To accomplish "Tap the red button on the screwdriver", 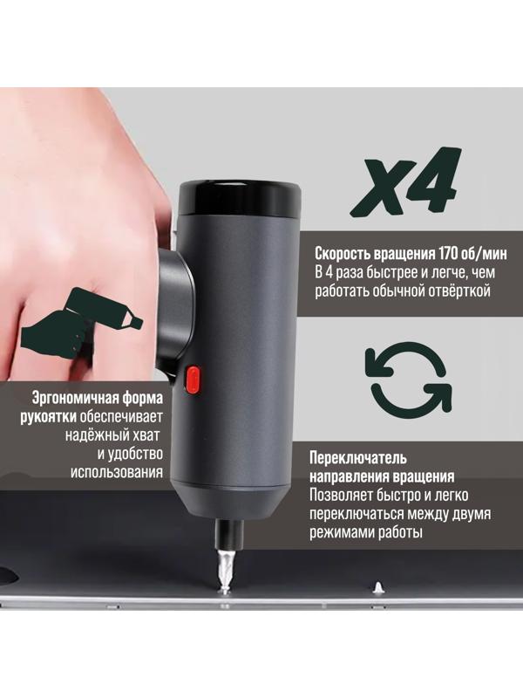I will click(x=193, y=379).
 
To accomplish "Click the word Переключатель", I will click(x=359, y=457).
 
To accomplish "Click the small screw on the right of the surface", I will click(x=379, y=587).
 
